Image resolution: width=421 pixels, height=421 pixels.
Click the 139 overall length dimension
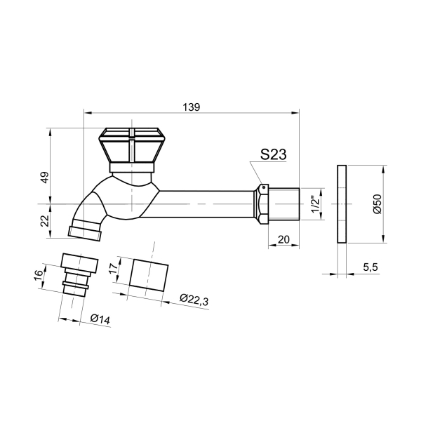click(192, 107)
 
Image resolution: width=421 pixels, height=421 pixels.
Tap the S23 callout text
click(274, 154)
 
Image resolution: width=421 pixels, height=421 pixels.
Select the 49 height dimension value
click(45, 178)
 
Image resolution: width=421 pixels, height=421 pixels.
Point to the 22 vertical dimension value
click(45, 221)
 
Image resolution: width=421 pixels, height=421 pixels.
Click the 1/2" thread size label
click(316, 204)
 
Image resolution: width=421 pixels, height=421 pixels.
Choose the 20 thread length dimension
click(283, 239)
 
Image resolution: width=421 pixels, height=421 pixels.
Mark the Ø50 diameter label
click(377, 204)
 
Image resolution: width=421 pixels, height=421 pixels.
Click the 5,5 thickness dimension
click(370, 267)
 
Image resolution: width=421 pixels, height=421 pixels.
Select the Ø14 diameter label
click(100, 319)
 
